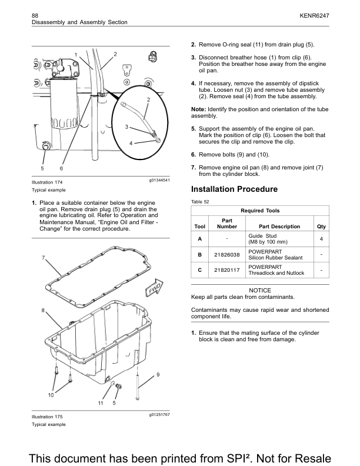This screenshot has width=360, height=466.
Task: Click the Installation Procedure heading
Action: coord(234,189)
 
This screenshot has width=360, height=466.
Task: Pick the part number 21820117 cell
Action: coord(226,270)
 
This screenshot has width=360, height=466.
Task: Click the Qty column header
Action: coord(321,227)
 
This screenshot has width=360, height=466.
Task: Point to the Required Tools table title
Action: coord(260,211)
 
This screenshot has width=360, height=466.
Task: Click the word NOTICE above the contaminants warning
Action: coord(260,291)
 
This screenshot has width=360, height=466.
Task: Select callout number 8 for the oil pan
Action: coord(43,310)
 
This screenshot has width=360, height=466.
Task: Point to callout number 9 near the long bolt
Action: coord(158,375)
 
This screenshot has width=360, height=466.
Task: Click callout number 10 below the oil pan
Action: coord(51,395)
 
